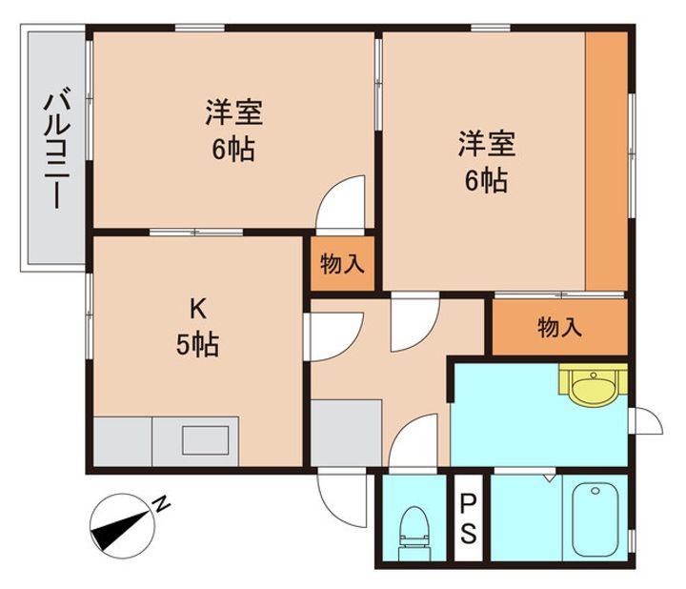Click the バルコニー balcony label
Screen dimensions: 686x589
(x=57, y=148)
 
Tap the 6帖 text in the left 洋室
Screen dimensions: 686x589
(x=233, y=150)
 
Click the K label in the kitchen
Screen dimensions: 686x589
(x=198, y=310)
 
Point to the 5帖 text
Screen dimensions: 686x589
(x=198, y=344)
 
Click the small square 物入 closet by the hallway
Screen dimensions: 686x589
(x=343, y=264)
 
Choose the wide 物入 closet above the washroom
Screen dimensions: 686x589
(x=560, y=327)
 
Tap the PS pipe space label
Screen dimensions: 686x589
(x=468, y=518)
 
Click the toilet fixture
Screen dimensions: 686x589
(x=414, y=534)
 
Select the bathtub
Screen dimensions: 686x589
(x=595, y=519)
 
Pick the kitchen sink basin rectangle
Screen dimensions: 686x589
(x=206, y=440)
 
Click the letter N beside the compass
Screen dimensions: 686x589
(x=162, y=504)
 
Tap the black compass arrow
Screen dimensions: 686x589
(x=120, y=530)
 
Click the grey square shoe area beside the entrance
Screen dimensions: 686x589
(x=346, y=434)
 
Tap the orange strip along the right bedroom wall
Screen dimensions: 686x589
(x=607, y=161)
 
